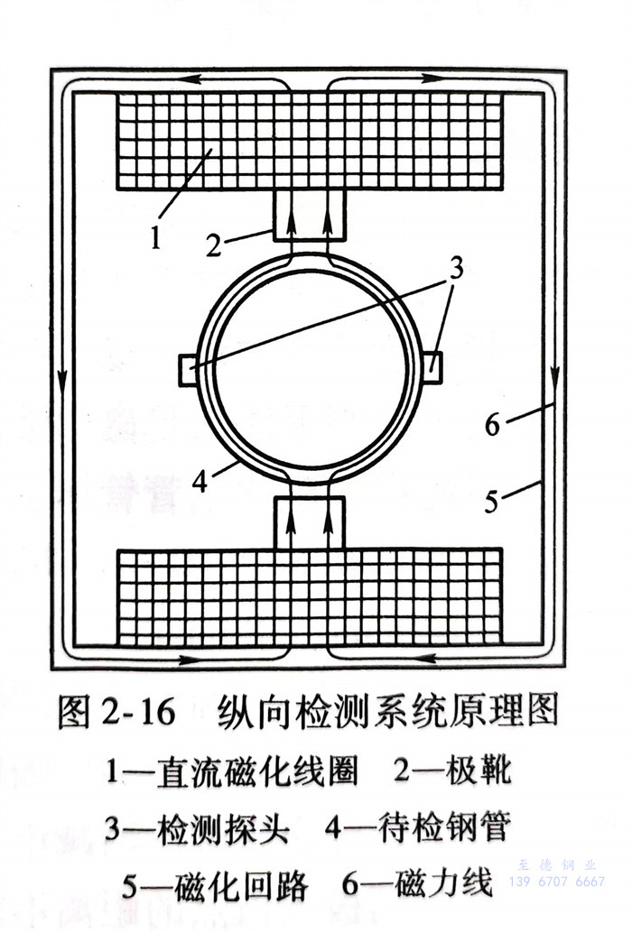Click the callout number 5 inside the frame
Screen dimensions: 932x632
[x=491, y=501]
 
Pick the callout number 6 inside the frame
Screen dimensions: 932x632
[x=493, y=424]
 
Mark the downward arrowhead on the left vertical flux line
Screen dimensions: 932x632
[x=62, y=383]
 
